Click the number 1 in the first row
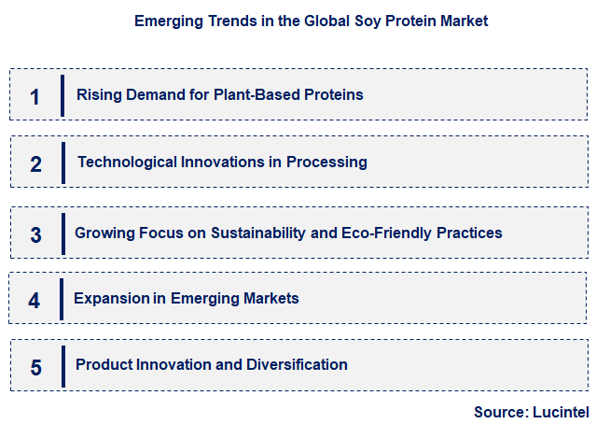[x=35, y=96]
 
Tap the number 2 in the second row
[x=35, y=164]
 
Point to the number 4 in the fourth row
[x=35, y=301]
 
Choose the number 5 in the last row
[x=35, y=367]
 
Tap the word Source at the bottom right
[x=500, y=411]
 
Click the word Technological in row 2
[x=124, y=163]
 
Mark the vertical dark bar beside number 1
[x=62, y=95]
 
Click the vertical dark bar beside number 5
[x=62, y=365]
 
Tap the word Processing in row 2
[x=326, y=163]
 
